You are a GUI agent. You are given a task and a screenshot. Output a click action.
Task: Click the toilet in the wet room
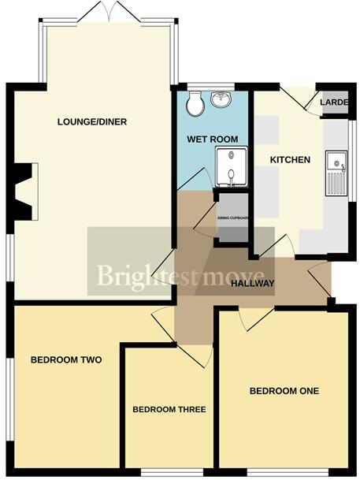click(195, 103)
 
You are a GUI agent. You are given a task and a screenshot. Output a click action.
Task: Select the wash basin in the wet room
click(221, 101)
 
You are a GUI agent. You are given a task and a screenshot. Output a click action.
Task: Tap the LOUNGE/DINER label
click(92, 122)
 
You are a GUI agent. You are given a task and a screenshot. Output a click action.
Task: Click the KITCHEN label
click(291, 160)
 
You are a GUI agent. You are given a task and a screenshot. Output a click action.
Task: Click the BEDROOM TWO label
click(67, 360)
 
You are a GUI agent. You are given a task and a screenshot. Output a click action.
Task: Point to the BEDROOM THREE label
click(169, 410)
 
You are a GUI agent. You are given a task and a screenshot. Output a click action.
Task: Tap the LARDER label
click(334, 102)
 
